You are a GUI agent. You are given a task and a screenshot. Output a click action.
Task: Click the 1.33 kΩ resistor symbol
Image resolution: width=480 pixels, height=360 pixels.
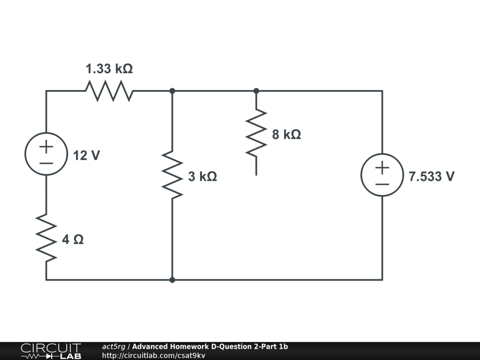point(109,90)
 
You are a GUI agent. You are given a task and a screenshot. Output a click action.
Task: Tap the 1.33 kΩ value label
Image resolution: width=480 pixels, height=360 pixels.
point(109,69)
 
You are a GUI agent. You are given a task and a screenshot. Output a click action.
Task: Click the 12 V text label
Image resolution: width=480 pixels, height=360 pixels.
point(86,156)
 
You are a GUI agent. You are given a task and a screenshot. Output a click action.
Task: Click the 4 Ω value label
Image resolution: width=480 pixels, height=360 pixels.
point(73,240)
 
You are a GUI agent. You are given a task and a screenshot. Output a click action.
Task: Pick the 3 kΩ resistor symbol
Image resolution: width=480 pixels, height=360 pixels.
point(172,174)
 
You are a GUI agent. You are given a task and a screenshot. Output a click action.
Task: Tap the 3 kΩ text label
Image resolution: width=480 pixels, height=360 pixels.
point(202,177)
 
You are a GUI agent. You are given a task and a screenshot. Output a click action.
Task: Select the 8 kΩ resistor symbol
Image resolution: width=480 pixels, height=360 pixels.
point(256,134)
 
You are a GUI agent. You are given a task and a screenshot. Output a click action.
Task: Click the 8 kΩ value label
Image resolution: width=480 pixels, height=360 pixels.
point(286,135)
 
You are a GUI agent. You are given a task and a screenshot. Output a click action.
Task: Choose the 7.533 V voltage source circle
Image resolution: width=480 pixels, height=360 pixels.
point(382,174)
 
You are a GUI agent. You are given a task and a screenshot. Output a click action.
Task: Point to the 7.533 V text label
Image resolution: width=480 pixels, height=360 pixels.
point(431,177)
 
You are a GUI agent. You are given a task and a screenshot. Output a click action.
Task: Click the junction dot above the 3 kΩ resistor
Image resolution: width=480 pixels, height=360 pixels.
point(172,90)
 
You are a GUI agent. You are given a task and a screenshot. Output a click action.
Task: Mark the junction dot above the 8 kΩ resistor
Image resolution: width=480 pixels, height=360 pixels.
point(256,90)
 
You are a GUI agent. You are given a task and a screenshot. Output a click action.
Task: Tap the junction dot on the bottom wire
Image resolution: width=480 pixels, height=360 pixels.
point(172,280)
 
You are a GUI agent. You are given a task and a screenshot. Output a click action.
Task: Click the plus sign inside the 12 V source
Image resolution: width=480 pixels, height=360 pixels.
point(46,147)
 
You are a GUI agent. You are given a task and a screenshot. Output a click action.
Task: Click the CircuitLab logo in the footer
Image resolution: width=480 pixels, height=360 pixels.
point(51,351)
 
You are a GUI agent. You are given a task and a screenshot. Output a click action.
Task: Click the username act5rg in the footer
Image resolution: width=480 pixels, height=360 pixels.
point(113,347)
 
